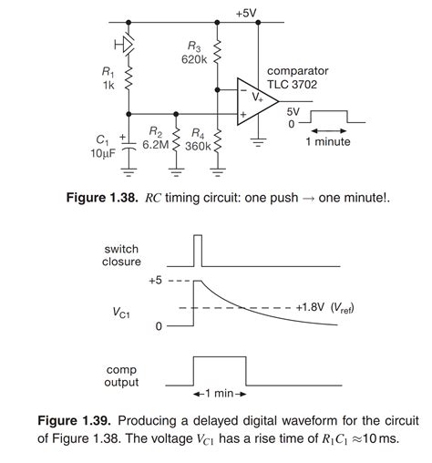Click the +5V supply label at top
click(245, 13)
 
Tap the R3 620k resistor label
click(194, 53)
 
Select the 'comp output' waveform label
click(121, 375)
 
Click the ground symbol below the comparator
click(259, 141)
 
